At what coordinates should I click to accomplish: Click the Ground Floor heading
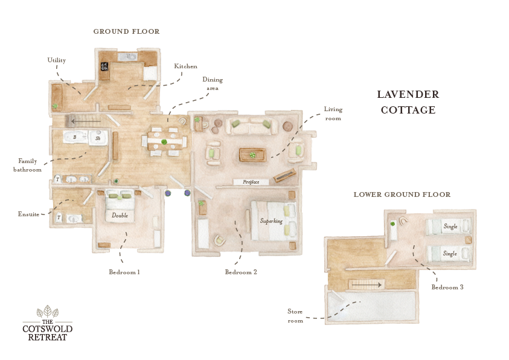126,31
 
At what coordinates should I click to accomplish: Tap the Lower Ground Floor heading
402,194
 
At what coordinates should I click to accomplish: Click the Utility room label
57,60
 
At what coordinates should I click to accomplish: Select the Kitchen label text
185,66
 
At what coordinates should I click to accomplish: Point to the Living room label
333,114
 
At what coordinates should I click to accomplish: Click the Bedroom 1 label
124,272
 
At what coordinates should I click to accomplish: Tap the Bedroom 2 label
241,272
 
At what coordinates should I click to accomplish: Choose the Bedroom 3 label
447,288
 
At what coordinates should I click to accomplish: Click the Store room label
295,316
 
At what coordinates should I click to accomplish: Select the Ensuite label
28,214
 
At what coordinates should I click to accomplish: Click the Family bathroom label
28,166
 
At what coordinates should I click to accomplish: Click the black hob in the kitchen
104,66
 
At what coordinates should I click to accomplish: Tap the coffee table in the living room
252,154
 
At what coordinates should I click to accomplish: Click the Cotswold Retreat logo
47,324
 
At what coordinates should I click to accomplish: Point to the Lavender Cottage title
408,102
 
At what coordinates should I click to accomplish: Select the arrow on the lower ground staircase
367,284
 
